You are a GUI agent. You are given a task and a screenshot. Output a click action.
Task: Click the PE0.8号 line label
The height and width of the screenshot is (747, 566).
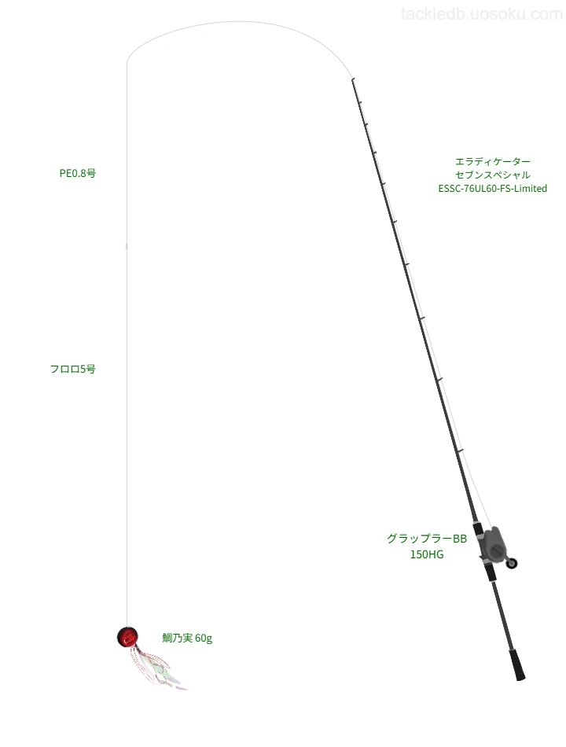[x=78, y=173]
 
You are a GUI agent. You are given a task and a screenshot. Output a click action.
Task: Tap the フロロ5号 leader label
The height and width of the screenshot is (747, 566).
[x=73, y=369]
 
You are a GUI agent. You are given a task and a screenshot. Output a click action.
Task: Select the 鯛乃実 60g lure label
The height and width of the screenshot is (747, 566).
[x=187, y=638]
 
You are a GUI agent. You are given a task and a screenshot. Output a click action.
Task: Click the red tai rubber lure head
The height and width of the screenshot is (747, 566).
[x=127, y=637]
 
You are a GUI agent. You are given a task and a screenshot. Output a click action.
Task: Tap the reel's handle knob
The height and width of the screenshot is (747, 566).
[x=512, y=564]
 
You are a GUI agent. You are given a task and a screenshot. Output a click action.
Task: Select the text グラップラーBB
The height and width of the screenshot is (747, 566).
[x=427, y=539]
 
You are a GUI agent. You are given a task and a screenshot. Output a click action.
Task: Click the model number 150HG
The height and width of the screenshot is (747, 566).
[x=427, y=554]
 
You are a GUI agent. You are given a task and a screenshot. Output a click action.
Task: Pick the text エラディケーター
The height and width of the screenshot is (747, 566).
[x=493, y=161]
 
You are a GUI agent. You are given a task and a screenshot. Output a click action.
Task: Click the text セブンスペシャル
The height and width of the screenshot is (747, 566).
[x=493, y=175]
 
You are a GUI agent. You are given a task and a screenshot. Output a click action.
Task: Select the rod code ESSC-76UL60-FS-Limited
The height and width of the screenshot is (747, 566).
[x=493, y=189]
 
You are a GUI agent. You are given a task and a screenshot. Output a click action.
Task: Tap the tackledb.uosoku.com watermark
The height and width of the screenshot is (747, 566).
[x=482, y=14]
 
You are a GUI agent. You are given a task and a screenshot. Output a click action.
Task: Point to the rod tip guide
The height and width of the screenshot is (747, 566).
[x=352, y=79]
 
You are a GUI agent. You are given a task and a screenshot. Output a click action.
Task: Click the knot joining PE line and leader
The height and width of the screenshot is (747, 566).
[x=127, y=246]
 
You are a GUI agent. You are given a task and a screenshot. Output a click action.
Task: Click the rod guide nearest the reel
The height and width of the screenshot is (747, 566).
[x=460, y=451]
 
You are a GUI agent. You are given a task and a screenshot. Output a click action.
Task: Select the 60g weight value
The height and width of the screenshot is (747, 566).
[x=204, y=638]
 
